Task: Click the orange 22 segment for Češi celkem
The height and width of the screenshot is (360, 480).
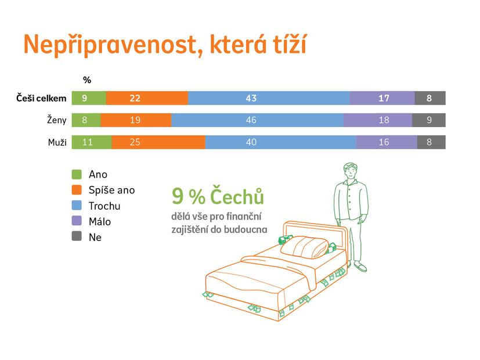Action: click(147, 98)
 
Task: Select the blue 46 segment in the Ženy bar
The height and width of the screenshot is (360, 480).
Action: click(257, 120)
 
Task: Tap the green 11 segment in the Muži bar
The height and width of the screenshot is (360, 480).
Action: click(92, 142)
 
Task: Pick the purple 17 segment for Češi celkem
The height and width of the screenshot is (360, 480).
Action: click(382, 98)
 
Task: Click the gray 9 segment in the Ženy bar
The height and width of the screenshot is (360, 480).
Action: click(429, 120)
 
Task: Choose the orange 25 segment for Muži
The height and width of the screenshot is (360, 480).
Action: click(158, 142)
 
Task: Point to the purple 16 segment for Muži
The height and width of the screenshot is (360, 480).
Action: click(387, 142)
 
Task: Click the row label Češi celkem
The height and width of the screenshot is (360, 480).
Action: click(41, 98)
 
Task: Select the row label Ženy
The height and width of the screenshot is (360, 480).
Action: click(57, 120)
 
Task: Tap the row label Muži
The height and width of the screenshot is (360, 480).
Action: click(57, 142)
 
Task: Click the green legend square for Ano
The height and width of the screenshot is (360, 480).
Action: click(77, 174)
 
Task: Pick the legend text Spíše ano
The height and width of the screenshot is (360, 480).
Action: click(112, 190)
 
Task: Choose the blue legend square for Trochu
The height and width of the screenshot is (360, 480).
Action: click(77, 206)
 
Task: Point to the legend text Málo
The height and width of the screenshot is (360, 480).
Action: click(100, 221)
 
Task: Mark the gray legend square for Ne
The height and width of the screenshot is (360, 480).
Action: click(77, 236)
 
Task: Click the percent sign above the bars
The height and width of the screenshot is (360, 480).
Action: click(87, 80)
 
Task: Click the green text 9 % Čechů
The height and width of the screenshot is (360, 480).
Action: click(218, 196)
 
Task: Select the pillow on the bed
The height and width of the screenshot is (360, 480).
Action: click(304, 247)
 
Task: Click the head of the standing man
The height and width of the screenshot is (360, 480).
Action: click(351, 171)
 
